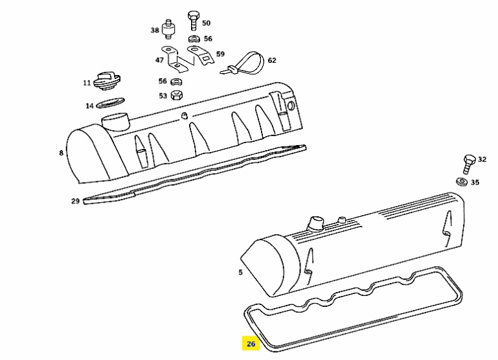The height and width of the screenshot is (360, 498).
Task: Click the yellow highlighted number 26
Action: (x=251, y=344)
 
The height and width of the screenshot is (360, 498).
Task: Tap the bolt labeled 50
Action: (x=193, y=20)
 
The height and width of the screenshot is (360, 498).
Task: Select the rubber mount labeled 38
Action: (x=168, y=30)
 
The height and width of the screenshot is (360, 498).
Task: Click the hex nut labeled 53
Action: (x=176, y=95)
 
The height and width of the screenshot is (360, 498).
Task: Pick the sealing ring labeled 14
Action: (x=110, y=103)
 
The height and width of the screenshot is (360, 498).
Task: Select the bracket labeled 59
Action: (x=201, y=56)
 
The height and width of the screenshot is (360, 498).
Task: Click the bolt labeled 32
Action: (x=469, y=164)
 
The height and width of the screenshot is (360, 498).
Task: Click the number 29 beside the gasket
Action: (x=75, y=201)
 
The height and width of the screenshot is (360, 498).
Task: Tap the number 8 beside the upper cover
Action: (x=62, y=153)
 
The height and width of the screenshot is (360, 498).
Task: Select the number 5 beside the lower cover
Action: (x=240, y=272)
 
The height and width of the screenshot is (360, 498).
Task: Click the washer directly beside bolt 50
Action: (x=194, y=39)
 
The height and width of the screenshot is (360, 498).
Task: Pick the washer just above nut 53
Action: (x=176, y=82)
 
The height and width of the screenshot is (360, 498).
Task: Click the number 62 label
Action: (x=272, y=60)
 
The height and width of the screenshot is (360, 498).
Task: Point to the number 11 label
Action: (x=87, y=83)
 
